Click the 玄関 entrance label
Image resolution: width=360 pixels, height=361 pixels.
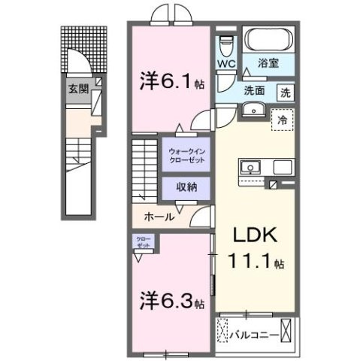pos(77,88)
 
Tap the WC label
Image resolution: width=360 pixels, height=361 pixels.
pos(226,65)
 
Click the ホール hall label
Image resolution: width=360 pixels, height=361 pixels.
pos(160,217)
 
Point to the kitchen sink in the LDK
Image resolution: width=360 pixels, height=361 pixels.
pos(250,166)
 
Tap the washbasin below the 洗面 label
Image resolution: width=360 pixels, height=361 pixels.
pos(249,112)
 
